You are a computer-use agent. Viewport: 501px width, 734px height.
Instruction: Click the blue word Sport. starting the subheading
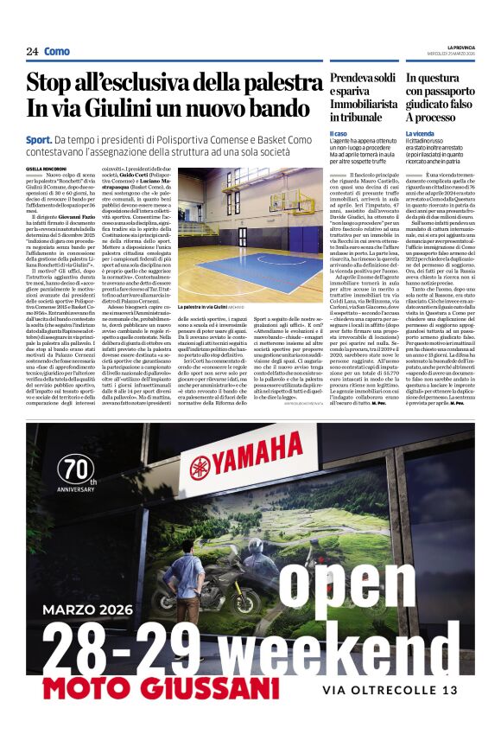[x=38, y=139]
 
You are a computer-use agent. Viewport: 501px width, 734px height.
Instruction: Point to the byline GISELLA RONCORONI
[x=46, y=169]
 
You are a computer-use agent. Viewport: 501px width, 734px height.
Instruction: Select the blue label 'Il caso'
[x=338, y=133]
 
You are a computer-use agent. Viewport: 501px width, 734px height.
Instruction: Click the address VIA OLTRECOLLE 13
[x=390, y=690]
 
